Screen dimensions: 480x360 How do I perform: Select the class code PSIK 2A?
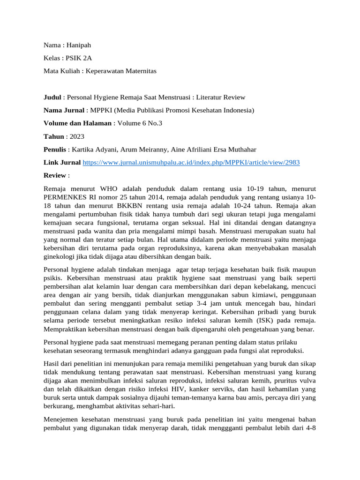click(79, 58)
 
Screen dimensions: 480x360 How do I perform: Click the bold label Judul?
click(52, 97)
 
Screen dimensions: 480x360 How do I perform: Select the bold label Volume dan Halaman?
click(77, 123)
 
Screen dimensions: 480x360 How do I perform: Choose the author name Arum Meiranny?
click(139, 150)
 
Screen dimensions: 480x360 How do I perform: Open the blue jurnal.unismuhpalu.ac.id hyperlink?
click(191, 162)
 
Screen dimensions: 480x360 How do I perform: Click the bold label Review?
click(55, 175)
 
